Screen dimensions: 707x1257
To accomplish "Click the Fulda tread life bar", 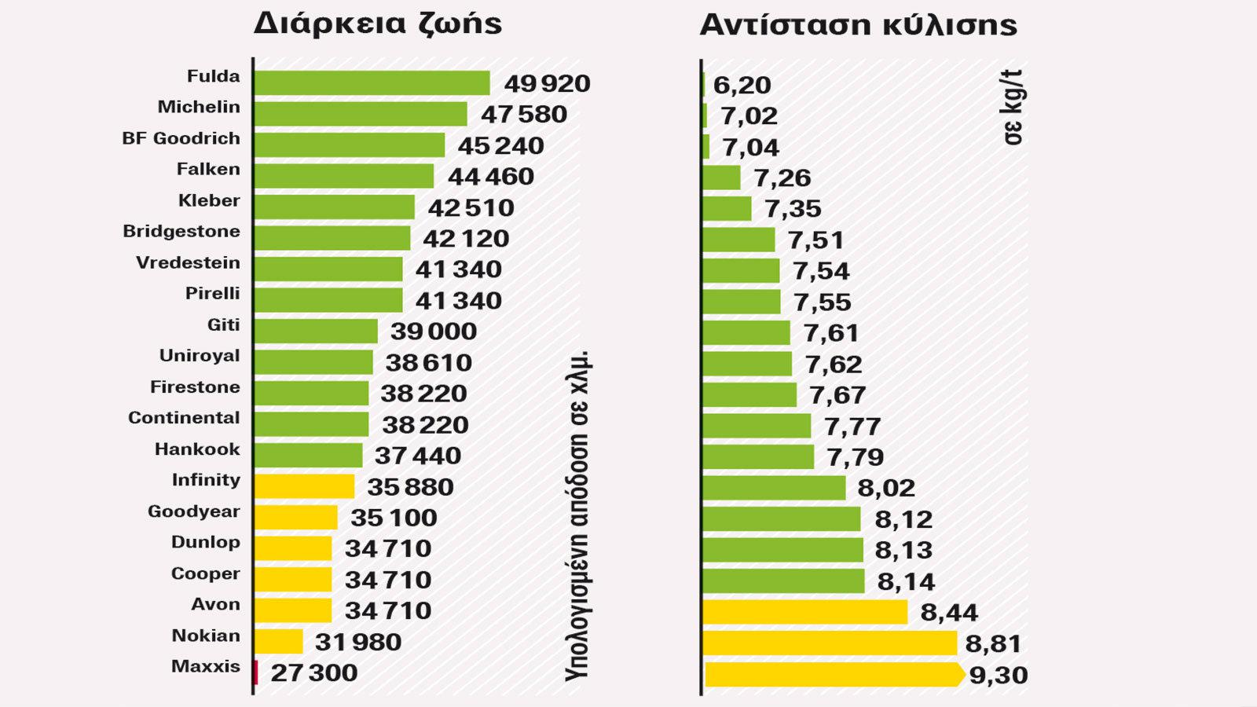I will point(372,82).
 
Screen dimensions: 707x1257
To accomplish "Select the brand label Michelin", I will point(199,107).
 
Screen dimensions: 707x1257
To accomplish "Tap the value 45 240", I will point(500,145).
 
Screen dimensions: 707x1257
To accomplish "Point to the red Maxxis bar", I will point(256,672).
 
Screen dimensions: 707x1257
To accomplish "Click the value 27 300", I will point(313,673).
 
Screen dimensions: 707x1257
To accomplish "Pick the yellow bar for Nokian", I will point(278,641).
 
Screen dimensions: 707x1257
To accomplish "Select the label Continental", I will point(184,418).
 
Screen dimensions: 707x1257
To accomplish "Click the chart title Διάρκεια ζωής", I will point(377,24).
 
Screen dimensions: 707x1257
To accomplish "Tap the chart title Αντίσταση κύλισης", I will point(858,24).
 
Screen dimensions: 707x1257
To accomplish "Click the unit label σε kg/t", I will point(1013,107).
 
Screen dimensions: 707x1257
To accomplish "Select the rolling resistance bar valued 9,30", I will point(833,675).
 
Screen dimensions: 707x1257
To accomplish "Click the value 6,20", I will point(742,85).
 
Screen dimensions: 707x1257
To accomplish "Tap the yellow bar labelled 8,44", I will point(804,612).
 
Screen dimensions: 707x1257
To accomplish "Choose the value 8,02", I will point(886,488).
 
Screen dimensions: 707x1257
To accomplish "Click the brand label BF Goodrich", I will point(181,138).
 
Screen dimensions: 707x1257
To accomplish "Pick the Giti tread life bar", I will point(315,331).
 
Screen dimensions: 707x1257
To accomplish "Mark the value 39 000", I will point(433,332).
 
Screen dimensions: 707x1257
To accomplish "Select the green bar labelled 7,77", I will point(756,426).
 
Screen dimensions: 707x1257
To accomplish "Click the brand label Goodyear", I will point(193,511).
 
